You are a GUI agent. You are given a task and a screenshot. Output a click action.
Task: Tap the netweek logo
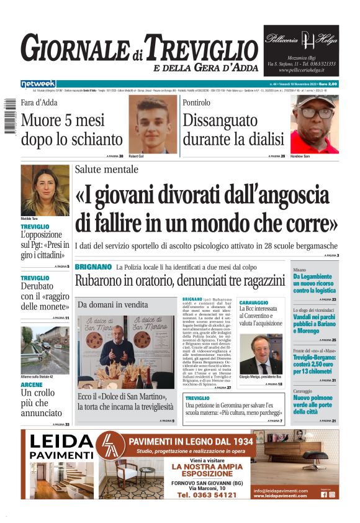[38, 84]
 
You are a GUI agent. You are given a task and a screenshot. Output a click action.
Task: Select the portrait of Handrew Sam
[315, 124]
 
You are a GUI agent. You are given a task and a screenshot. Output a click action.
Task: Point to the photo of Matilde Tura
[45, 190]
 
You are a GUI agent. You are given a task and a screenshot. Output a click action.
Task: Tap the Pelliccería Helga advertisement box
[302, 50]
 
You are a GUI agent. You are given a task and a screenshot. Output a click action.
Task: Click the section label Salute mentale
[116, 170]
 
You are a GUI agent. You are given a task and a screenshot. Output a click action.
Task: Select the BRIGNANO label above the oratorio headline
[93, 266]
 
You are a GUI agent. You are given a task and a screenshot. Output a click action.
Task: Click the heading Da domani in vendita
[113, 305]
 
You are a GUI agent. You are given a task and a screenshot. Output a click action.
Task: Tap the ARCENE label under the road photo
[32, 384]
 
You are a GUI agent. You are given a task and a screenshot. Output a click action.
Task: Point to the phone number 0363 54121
[207, 495]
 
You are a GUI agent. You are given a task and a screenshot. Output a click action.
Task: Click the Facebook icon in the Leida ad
[323, 494]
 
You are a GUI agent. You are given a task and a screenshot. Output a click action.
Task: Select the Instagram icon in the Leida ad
[332, 494]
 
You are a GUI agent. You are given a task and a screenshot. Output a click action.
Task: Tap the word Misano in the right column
[299, 271]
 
